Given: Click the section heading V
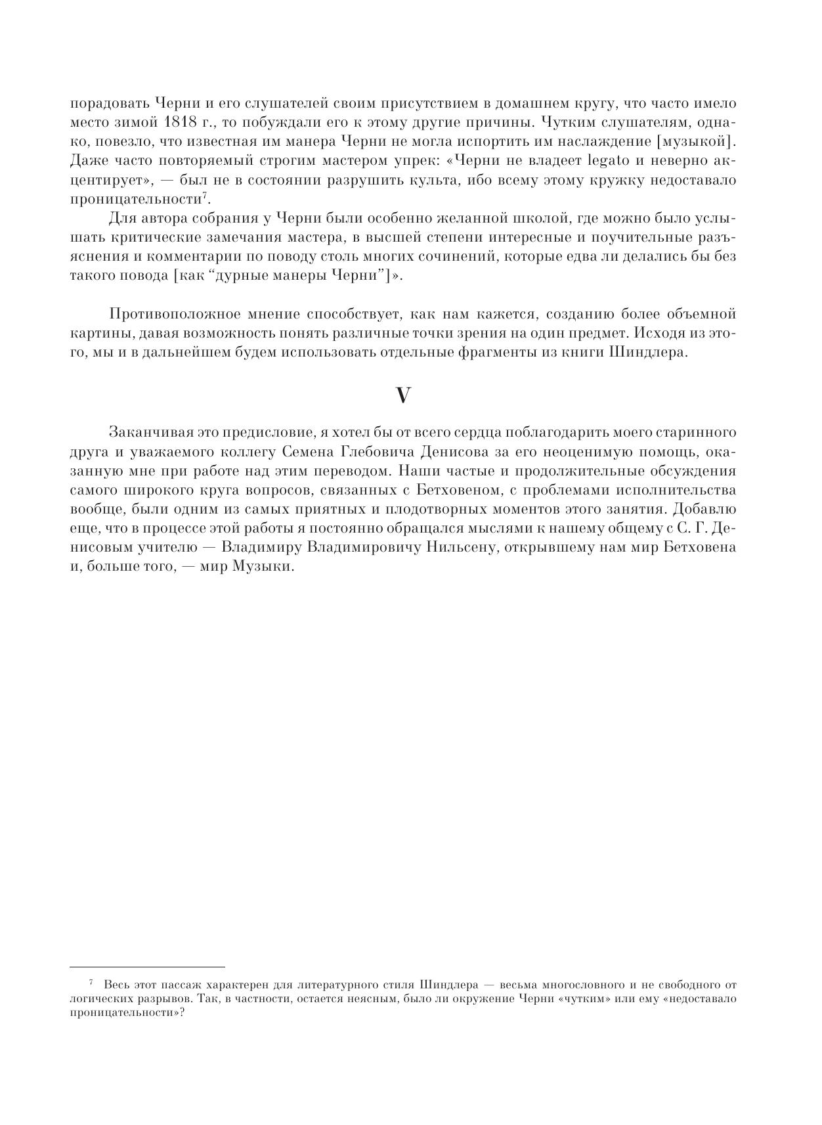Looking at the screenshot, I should pyautogui.click(x=403, y=395).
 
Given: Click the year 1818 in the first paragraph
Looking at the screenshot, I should pyautogui.click(x=181, y=122).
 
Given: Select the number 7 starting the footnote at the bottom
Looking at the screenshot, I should pyautogui.click(x=91, y=983).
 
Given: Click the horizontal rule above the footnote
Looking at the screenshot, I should pyautogui.click(x=147, y=967).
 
